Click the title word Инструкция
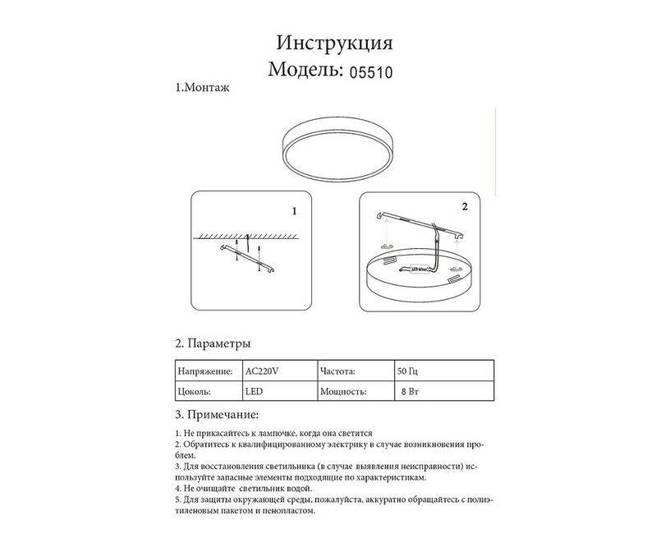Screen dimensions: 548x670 pyautogui.click(x=334, y=43)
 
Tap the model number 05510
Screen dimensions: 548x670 pyautogui.click(x=371, y=72)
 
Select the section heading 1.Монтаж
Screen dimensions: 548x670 pyautogui.click(x=202, y=87)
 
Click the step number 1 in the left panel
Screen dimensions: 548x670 pyautogui.click(x=294, y=211)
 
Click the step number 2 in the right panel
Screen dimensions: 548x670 pyautogui.click(x=465, y=206)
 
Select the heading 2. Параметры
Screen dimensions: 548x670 pyautogui.click(x=213, y=343)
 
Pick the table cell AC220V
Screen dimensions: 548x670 pyautogui.click(x=264, y=371)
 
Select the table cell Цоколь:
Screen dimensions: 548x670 pyautogui.click(x=194, y=391)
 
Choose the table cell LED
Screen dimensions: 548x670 pyautogui.click(x=254, y=391)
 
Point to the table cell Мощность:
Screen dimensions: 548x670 pyautogui.click(x=342, y=391)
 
